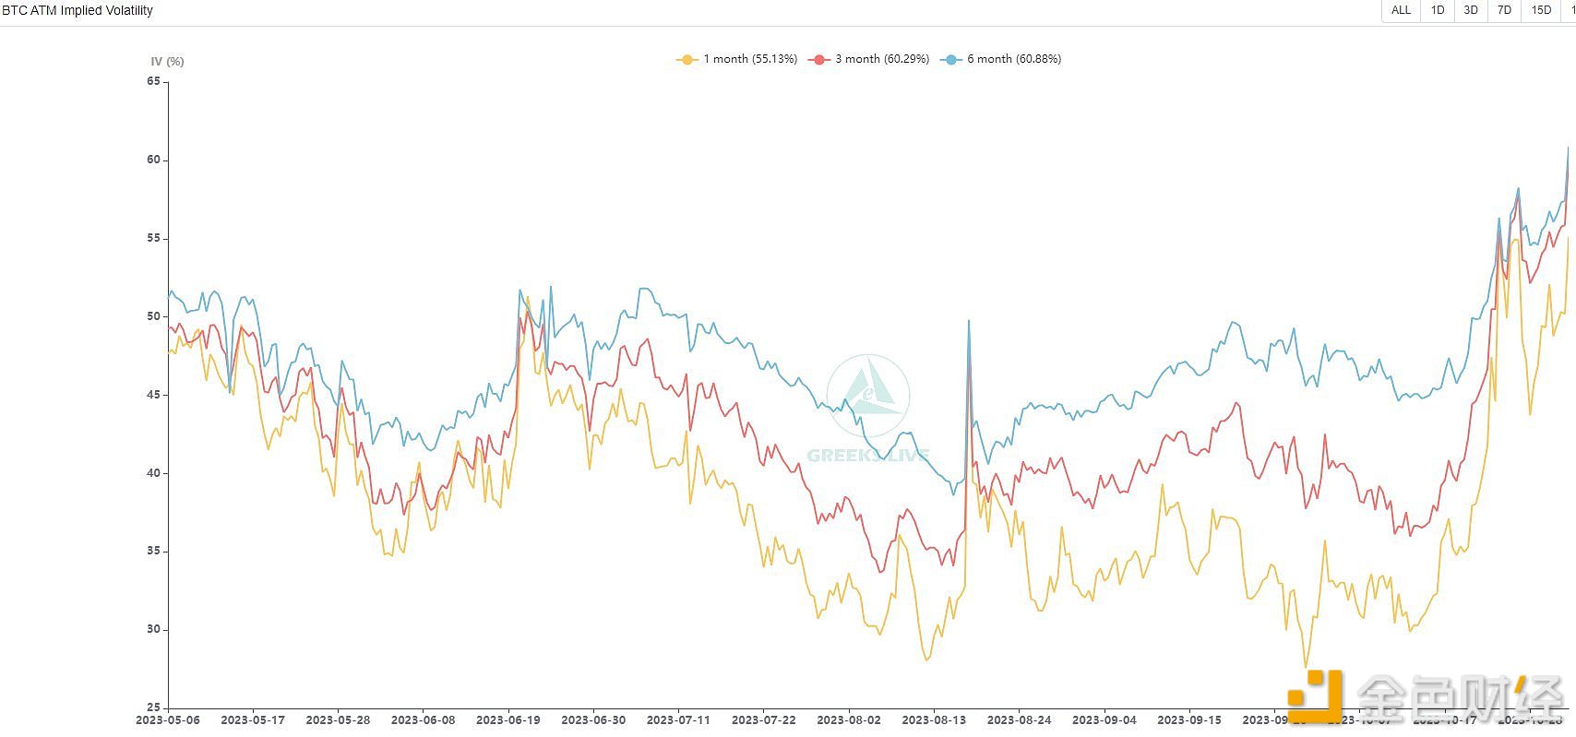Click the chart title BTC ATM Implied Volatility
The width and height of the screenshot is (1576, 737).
[x=78, y=11]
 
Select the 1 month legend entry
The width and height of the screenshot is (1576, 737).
[x=737, y=59]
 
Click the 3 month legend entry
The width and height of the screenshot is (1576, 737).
[x=869, y=59]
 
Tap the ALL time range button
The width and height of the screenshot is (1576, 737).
[x=1401, y=10]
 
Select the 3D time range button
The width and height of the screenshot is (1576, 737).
[x=1471, y=10]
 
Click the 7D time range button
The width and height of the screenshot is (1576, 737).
[x=1504, y=10]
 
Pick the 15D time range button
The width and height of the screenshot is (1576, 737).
[x=1541, y=10]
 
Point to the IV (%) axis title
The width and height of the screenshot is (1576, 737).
[x=167, y=62]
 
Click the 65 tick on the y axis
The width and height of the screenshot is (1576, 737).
[x=153, y=81]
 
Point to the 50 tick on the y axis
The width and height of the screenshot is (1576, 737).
[x=153, y=316]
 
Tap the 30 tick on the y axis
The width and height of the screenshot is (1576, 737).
[x=153, y=629]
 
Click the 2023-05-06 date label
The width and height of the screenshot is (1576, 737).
[x=168, y=719]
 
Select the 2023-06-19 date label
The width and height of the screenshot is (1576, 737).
[x=508, y=719]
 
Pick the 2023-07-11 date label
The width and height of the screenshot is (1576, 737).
[x=678, y=719]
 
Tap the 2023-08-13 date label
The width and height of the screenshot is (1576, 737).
[x=934, y=719]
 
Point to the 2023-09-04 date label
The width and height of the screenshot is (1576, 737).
[x=1104, y=719]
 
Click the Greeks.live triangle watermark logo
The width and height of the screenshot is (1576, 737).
[x=867, y=395]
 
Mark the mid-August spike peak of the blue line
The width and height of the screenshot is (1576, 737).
[x=969, y=321]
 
